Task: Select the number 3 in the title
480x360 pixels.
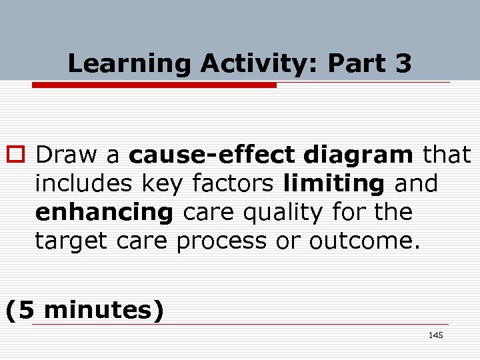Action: pos(403,64)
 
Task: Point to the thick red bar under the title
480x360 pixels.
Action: pos(154,85)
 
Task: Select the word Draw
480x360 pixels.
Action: pos(67,155)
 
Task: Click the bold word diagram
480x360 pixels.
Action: pos(358,155)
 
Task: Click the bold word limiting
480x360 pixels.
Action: pos(333,183)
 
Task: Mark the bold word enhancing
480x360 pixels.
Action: pos(103,213)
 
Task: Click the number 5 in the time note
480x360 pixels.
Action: pos(28,310)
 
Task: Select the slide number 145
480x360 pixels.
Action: pos(435,335)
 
